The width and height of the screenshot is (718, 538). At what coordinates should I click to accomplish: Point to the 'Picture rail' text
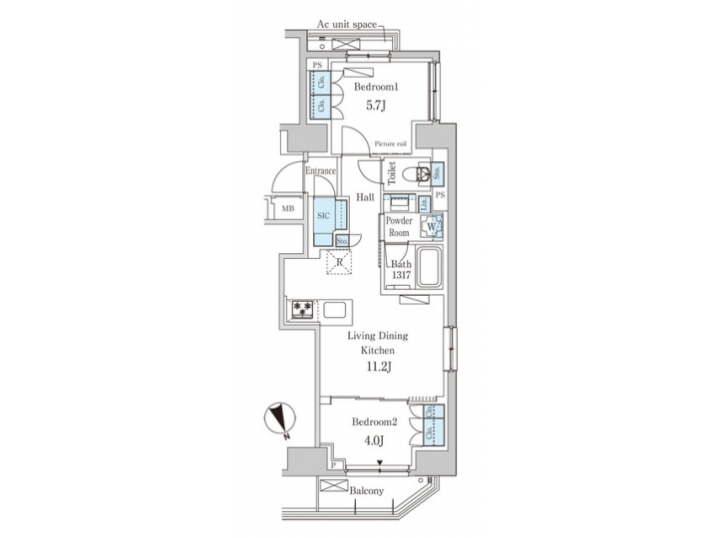point(390,144)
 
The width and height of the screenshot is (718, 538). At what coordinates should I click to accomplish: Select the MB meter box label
point(287,209)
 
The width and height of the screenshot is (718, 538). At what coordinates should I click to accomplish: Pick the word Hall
point(365,197)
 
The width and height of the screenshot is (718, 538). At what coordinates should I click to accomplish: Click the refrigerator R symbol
point(340,263)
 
